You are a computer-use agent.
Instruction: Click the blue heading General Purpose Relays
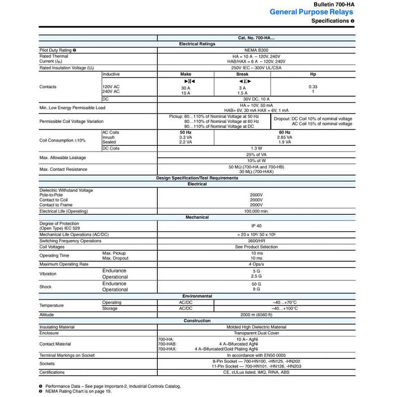[x=312, y=12]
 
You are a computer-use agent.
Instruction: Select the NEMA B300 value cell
[x=256, y=50]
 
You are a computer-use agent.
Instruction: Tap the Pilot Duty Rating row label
[x=56, y=50]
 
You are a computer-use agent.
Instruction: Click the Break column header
[x=242, y=73]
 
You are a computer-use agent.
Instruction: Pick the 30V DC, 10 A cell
[x=256, y=99]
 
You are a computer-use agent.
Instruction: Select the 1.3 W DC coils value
[x=256, y=148]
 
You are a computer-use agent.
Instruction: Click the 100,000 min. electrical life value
[x=256, y=211]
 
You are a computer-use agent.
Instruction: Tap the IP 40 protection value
[x=256, y=225]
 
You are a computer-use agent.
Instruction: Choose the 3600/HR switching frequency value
[x=256, y=241]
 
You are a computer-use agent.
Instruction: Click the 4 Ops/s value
[x=256, y=264]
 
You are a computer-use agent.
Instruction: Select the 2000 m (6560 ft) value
[x=256, y=315]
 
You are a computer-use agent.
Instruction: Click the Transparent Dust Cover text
[x=256, y=334]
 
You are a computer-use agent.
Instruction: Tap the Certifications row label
[x=53, y=372]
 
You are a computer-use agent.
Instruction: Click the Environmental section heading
[x=198, y=296]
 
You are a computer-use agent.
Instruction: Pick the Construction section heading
[x=198, y=321]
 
